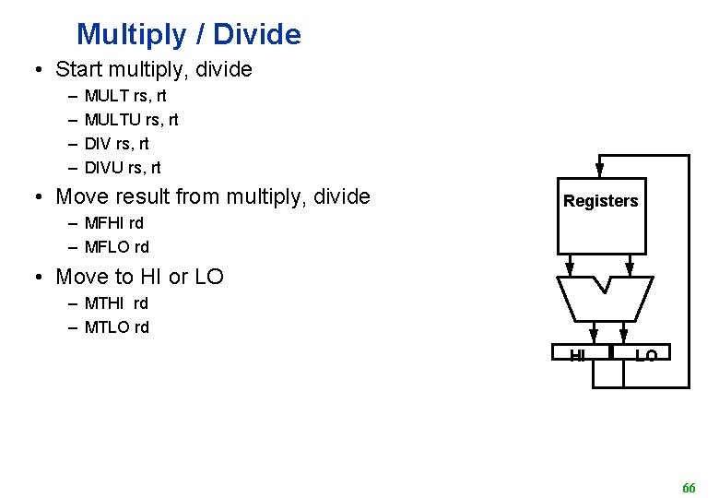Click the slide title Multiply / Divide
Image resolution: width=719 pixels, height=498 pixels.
(x=188, y=35)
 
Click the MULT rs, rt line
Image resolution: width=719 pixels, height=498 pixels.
(x=125, y=95)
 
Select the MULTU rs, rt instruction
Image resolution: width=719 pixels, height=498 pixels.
(x=131, y=119)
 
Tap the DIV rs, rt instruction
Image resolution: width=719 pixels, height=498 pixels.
(x=116, y=144)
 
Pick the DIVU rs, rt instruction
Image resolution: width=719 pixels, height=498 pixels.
(x=122, y=168)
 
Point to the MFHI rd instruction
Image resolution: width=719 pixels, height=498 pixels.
(x=113, y=222)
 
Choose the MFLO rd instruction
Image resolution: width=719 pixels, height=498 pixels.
(x=116, y=247)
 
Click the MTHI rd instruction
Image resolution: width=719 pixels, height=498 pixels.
(x=116, y=302)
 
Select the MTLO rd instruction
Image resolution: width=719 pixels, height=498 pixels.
(x=116, y=327)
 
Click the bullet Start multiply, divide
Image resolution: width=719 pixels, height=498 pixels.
(x=153, y=69)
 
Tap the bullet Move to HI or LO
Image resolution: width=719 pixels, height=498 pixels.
(x=139, y=277)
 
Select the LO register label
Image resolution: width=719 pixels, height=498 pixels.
(x=645, y=355)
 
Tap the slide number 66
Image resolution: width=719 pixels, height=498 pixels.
(x=689, y=487)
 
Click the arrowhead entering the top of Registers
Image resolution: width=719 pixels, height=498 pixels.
(x=600, y=170)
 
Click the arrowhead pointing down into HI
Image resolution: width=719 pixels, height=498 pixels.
(x=594, y=334)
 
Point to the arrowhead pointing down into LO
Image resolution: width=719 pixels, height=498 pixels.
(x=624, y=334)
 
